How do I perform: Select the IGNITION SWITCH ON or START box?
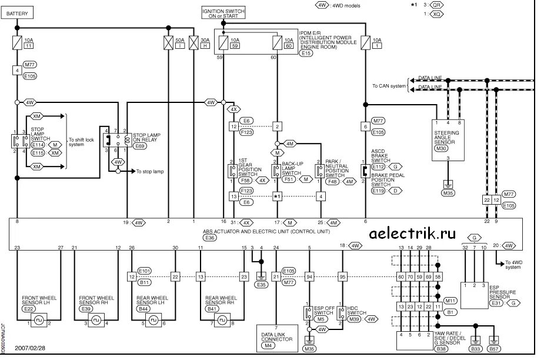click(x=223, y=14)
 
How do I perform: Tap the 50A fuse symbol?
click(x=166, y=43)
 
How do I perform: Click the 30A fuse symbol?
click(x=192, y=43)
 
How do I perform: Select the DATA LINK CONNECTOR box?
click(x=276, y=341)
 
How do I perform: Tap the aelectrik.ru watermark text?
click(x=412, y=234)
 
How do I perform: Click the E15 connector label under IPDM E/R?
click(x=306, y=53)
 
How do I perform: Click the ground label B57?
click(x=495, y=349)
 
